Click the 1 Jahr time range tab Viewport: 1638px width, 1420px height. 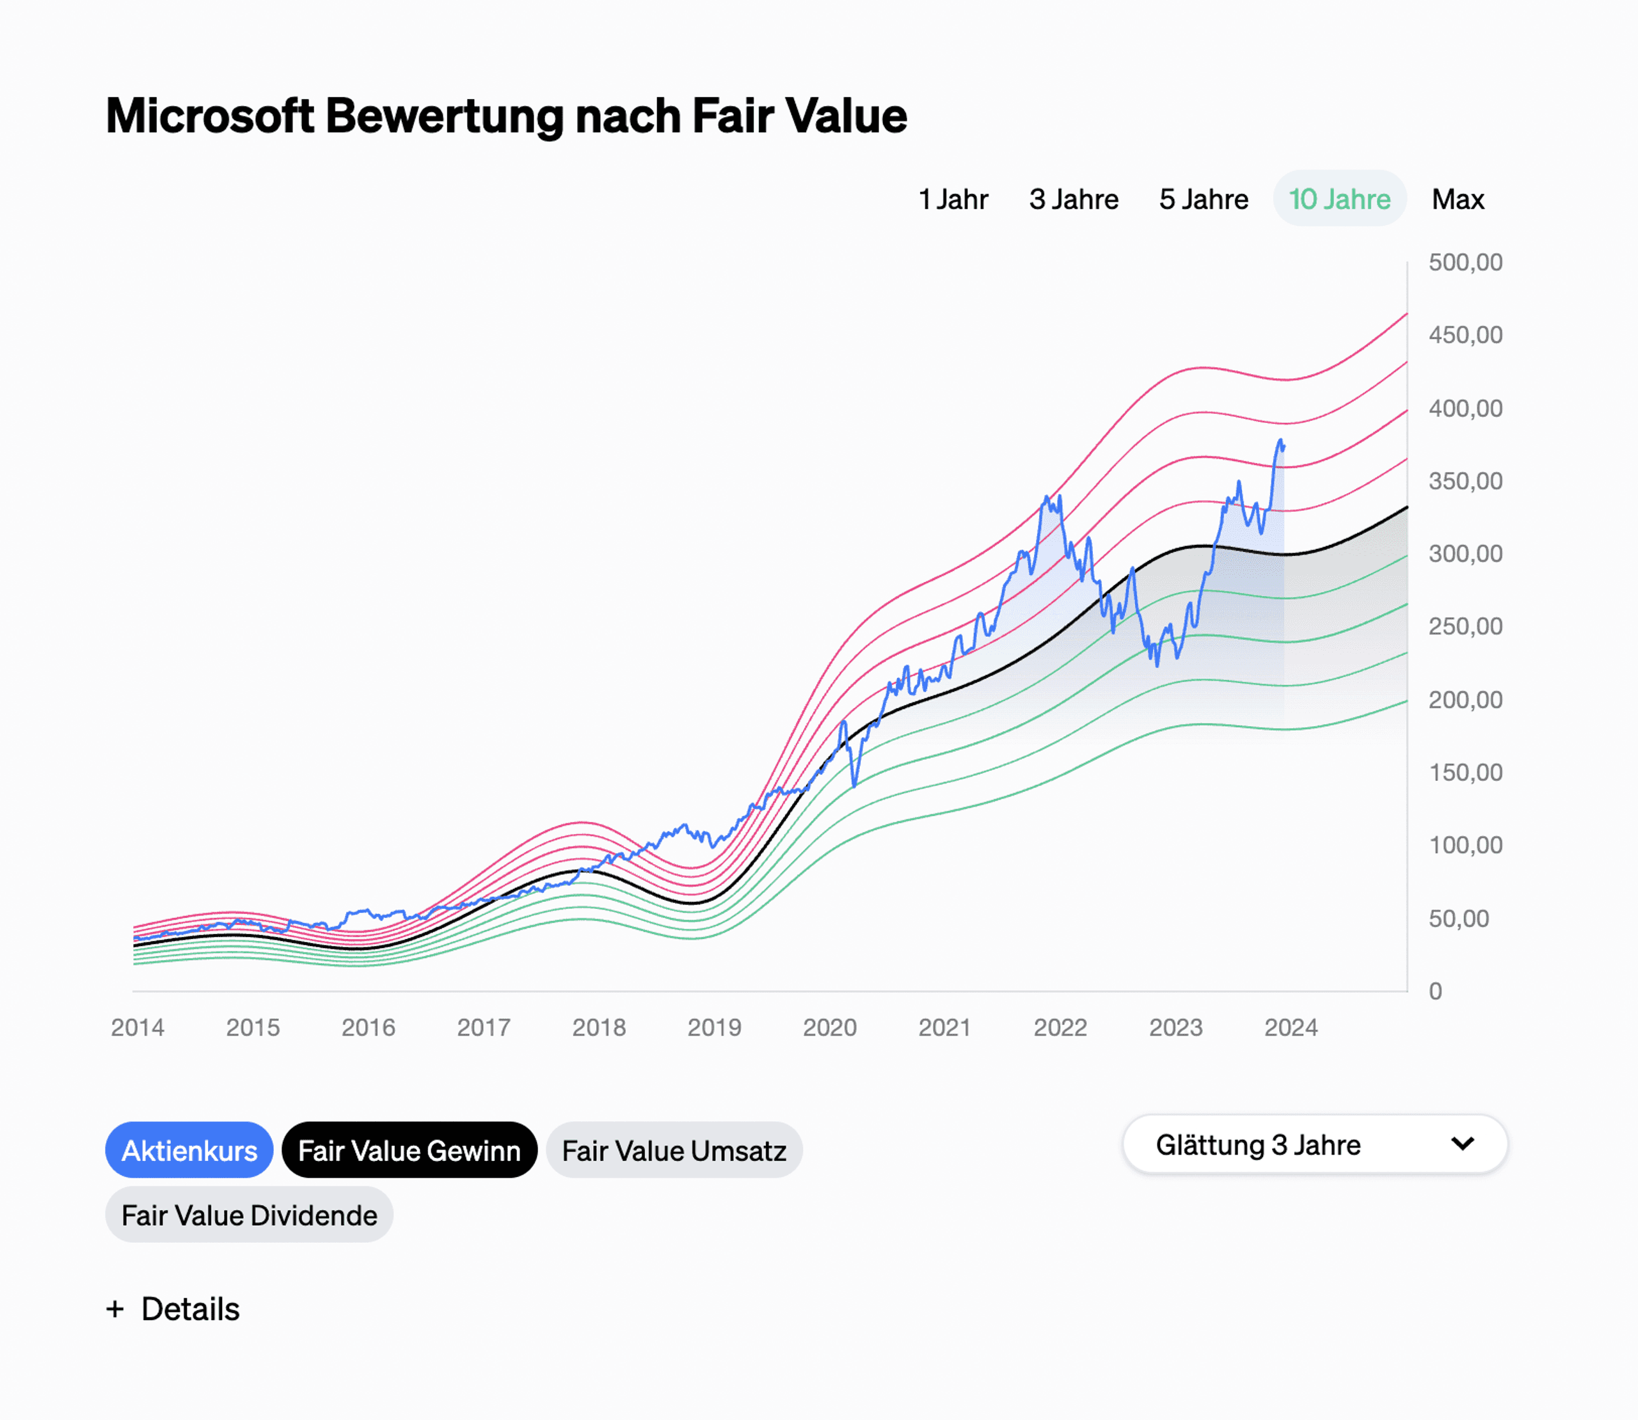[953, 199]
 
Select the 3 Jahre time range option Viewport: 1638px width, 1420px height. [1073, 199]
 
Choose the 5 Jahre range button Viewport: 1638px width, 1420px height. [1203, 199]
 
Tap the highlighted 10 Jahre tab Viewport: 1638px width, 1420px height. [1339, 199]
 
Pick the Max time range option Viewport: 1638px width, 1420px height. [1458, 199]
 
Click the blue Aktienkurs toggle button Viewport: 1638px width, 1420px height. [189, 1150]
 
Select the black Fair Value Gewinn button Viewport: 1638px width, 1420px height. [409, 1150]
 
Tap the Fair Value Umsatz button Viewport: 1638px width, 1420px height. [674, 1150]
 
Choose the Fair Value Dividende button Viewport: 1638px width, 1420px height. [249, 1215]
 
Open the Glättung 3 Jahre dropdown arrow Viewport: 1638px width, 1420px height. [1462, 1144]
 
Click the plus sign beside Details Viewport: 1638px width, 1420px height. [115, 1309]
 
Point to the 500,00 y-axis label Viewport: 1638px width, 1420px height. [1465, 262]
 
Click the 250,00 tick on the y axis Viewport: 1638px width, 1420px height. [1465, 627]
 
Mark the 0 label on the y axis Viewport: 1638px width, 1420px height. [1435, 991]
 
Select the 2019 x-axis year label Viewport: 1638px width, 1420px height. [714, 1028]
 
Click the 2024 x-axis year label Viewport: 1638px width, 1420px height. [1290, 1028]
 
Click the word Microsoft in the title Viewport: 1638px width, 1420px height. [209, 116]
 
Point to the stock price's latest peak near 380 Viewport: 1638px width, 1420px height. [1280, 441]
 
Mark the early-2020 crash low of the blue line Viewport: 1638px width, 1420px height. [854, 786]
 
